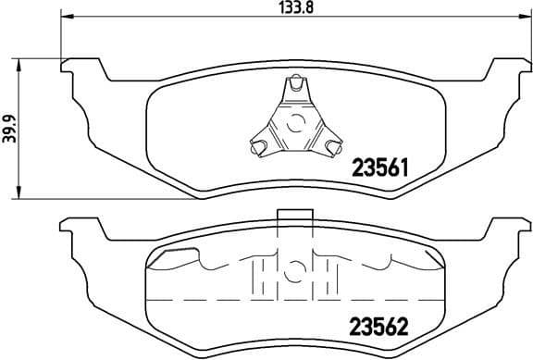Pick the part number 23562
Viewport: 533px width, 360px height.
pos(378,327)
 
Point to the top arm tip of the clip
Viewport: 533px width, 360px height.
pos(295,84)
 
